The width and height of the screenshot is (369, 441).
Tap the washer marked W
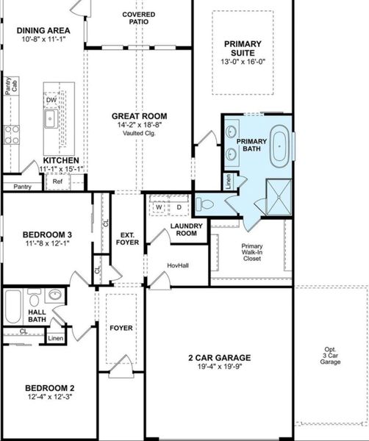(158, 207)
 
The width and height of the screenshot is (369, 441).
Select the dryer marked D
(177, 207)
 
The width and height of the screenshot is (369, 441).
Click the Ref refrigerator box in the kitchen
(57, 181)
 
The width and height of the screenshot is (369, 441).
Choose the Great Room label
(139, 116)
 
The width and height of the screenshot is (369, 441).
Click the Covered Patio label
(138, 18)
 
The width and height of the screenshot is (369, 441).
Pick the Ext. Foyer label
(128, 239)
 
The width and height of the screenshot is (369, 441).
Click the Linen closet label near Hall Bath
(56, 338)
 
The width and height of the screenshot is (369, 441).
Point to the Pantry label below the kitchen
(22, 187)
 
